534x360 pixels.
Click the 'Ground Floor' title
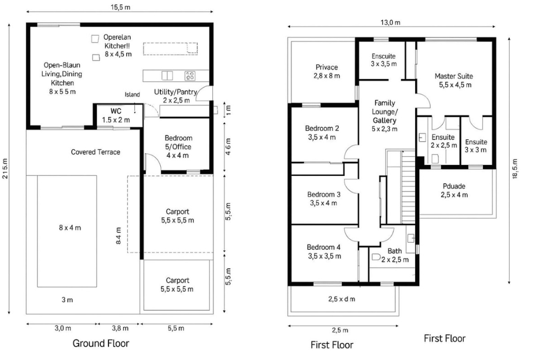pyautogui.click(x=100, y=343)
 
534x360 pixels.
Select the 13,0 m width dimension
pyautogui.click(x=390, y=22)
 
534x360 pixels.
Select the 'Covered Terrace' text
pyautogui.click(x=96, y=152)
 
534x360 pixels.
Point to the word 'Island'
pyautogui.click(x=132, y=95)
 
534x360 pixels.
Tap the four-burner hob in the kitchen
pyautogui.click(x=190, y=76)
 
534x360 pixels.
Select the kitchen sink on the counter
pyautogui.click(x=167, y=76)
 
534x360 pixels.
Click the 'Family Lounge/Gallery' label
pyautogui.click(x=385, y=112)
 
